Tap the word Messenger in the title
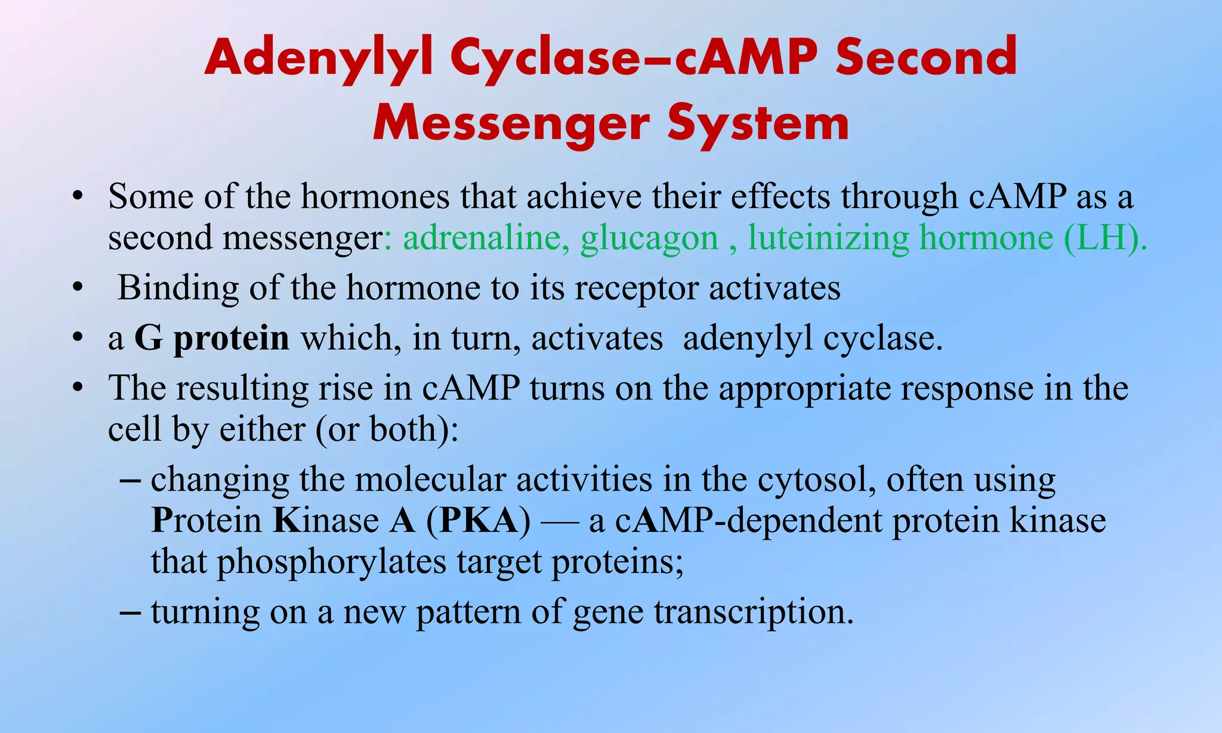point(511,123)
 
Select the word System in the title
point(758,123)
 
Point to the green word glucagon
point(649,239)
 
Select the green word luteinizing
point(829,238)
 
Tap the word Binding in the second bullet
point(177,289)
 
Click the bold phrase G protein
point(212,339)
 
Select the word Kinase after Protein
point(326,521)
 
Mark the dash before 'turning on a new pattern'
point(131,613)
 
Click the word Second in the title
point(927,58)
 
